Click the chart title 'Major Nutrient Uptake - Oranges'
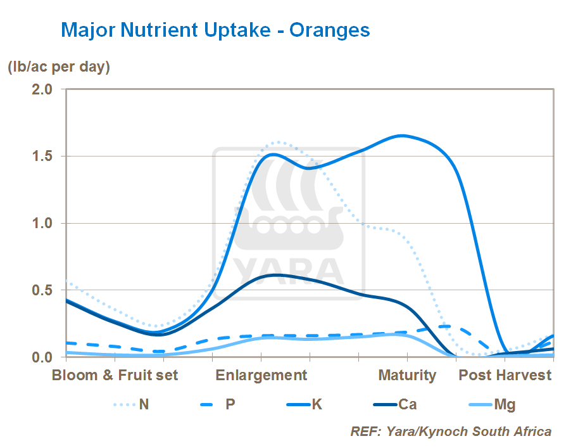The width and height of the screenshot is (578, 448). pyautogui.click(x=215, y=29)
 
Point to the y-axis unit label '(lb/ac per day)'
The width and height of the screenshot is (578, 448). pyautogui.click(x=59, y=67)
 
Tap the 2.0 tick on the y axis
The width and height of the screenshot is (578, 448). pyautogui.click(x=41, y=89)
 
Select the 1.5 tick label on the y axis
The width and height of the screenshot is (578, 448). pyautogui.click(x=41, y=156)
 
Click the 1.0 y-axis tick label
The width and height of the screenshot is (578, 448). pyautogui.click(x=41, y=223)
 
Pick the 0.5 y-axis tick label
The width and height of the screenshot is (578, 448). pyautogui.click(x=41, y=290)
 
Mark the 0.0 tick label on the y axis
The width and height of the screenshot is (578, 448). pyautogui.click(x=41, y=357)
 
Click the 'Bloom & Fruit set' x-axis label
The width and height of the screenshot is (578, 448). pyautogui.click(x=115, y=375)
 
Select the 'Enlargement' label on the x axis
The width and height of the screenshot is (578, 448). pyautogui.click(x=261, y=375)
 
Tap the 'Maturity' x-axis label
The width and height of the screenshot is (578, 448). pyautogui.click(x=407, y=375)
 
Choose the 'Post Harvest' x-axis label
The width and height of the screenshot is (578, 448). pyautogui.click(x=505, y=375)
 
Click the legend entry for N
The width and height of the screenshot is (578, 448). pyautogui.click(x=144, y=404)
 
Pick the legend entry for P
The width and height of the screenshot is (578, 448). pyautogui.click(x=230, y=404)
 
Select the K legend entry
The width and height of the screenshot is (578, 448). pyautogui.click(x=317, y=404)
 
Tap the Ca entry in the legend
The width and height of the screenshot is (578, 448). pyautogui.click(x=407, y=404)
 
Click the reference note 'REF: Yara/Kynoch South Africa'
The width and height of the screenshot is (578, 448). pyautogui.click(x=451, y=432)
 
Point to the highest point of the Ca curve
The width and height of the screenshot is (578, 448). pyautogui.click(x=273, y=274)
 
